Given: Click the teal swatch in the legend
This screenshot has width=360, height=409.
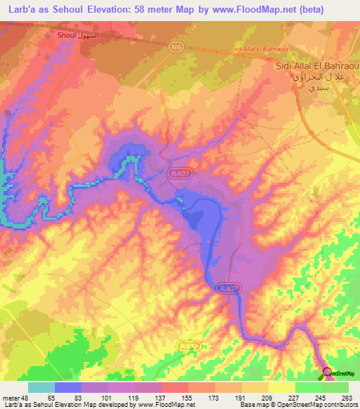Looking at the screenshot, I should click(x=41, y=387).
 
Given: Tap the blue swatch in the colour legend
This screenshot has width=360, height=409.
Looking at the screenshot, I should click(x=68, y=387).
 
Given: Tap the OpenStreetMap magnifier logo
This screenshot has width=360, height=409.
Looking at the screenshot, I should click(x=327, y=372).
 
